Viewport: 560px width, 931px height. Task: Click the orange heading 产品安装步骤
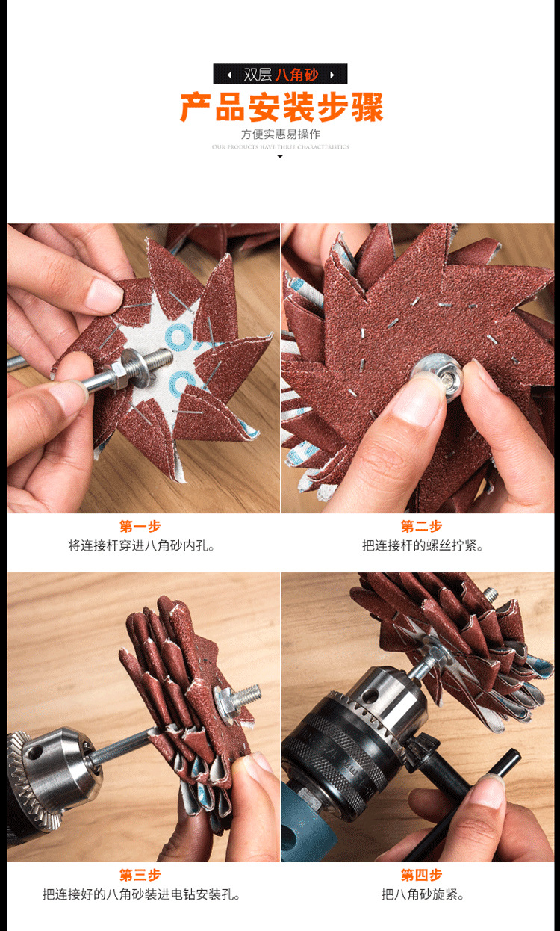pyautogui.click(x=281, y=108)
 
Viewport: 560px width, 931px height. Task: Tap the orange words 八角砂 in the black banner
pyautogui.click(x=296, y=75)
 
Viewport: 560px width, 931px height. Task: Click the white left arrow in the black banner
pyautogui.click(x=228, y=75)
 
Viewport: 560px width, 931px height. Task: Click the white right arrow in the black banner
pyautogui.click(x=332, y=75)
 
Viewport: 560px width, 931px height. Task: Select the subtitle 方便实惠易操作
pyautogui.click(x=280, y=134)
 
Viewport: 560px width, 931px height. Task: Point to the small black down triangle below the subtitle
pyautogui.click(x=280, y=156)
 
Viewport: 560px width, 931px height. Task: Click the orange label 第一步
pyautogui.click(x=140, y=527)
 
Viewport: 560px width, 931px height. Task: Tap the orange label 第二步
pyautogui.click(x=421, y=527)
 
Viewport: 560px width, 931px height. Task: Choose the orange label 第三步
pyautogui.click(x=140, y=875)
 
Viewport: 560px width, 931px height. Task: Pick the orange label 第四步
pyautogui.click(x=421, y=875)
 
